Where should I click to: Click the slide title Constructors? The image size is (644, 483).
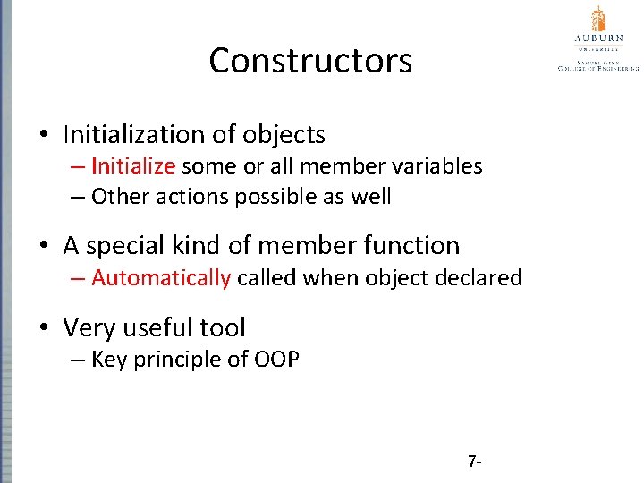(x=310, y=61)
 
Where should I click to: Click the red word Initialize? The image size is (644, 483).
(x=135, y=166)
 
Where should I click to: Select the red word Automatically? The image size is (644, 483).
(x=161, y=278)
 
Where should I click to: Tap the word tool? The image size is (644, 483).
(x=225, y=328)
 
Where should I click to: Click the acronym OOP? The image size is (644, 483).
(x=277, y=360)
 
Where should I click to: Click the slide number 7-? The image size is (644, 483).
(x=475, y=462)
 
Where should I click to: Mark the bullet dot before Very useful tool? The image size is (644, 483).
(x=44, y=329)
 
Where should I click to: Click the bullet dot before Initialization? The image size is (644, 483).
(x=44, y=136)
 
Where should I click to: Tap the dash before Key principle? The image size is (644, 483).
(x=79, y=360)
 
